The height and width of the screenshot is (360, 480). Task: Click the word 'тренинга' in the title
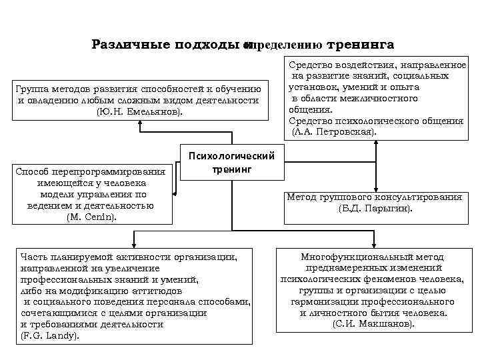point(361,45)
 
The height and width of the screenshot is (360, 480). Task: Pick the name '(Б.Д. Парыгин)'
point(375,209)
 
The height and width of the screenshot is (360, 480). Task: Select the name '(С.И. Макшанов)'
point(373,323)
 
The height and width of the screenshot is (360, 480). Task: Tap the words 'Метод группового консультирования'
point(374,197)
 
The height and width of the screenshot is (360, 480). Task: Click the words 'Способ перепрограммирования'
point(92,171)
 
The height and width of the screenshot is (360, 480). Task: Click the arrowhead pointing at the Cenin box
point(175,195)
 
